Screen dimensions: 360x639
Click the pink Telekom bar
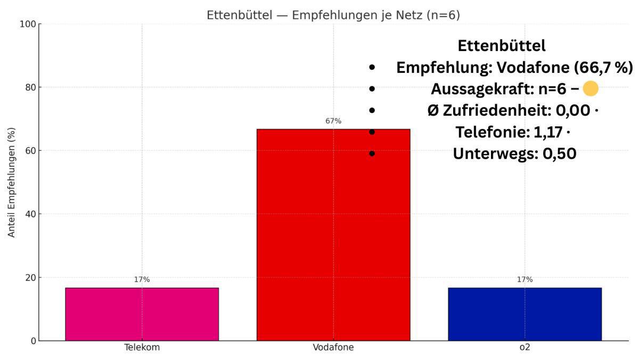(142, 314)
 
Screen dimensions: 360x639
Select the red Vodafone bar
(333, 234)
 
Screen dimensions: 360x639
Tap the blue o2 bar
(525, 314)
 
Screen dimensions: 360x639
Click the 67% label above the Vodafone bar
(333, 121)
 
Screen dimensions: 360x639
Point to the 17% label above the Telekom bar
(142, 280)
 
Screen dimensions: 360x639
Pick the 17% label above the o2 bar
(525, 280)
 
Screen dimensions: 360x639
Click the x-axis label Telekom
(142, 348)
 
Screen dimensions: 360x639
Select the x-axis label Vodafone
(333, 348)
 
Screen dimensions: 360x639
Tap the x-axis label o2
(525, 348)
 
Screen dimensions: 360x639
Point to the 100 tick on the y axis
(27, 24)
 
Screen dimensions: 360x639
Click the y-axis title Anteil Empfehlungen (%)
(11, 182)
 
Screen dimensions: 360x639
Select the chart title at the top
(333, 15)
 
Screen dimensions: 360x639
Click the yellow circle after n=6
(590, 89)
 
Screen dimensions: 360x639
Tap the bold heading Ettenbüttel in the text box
(501, 46)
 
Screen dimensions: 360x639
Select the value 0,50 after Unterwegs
(559, 154)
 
